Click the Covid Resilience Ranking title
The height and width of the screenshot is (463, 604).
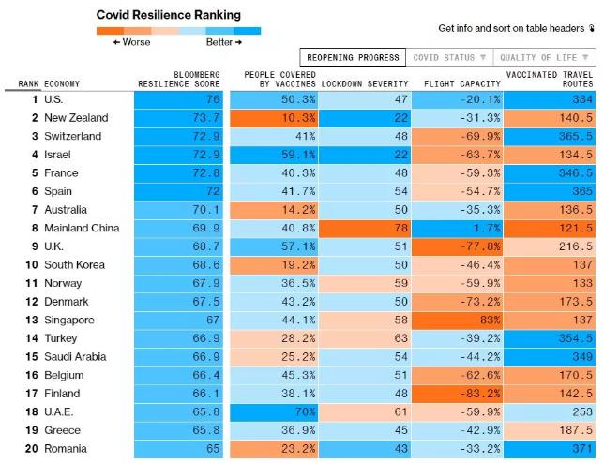[169, 15]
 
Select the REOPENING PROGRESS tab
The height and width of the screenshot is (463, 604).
[353, 58]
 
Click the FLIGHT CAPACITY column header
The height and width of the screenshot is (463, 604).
[461, 83]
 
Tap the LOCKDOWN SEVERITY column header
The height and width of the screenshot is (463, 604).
[366, 83]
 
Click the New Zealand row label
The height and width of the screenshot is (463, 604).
[76, 118]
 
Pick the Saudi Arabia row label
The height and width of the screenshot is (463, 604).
[79, 356]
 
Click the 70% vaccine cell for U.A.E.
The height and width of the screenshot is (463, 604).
[277, 411]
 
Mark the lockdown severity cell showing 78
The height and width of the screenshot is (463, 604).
[366, 228]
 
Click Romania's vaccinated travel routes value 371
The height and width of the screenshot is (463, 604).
[550, 448]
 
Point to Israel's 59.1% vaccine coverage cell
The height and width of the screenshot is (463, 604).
[277, 155]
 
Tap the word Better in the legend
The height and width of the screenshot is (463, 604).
[219, 42]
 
